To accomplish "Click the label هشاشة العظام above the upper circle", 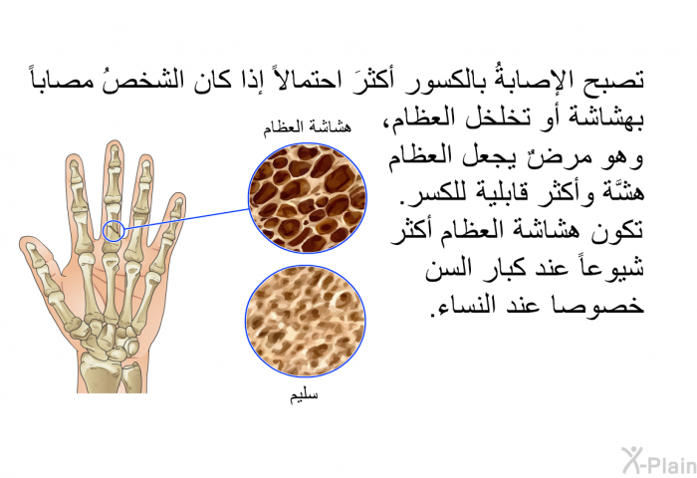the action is tap(307, 128).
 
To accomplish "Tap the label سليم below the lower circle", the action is tap(304, 395).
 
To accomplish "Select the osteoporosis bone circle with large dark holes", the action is tap(308, 198).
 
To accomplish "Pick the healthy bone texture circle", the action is tap(306, 321).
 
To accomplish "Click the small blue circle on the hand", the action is tap(114, 231).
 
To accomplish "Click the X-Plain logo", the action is tap(659, 460).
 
